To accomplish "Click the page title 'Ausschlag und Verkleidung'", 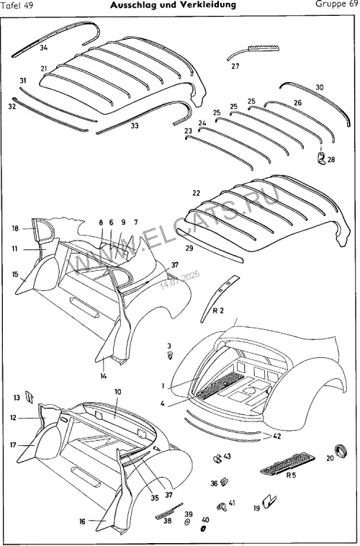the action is (x=173, y=5).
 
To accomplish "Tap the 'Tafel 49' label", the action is (x=17, y=6).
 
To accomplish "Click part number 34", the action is (x=43, y=48).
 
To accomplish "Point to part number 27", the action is (x=235, y=66).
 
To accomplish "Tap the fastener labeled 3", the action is (x=170, y=356).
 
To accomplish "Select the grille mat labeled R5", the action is (x=288, y=462).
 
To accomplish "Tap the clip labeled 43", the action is (x=217, y=459).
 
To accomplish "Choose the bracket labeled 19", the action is (x=269, y=501).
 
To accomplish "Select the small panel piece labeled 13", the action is (x=30, y=397).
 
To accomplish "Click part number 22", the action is (x=197, y=193).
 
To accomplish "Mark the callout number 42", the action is (x=277, y=437).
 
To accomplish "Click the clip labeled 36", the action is (x=225, y=482).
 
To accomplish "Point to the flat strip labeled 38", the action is (x=169, y=512).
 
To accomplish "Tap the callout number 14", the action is (x=104, y=376).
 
